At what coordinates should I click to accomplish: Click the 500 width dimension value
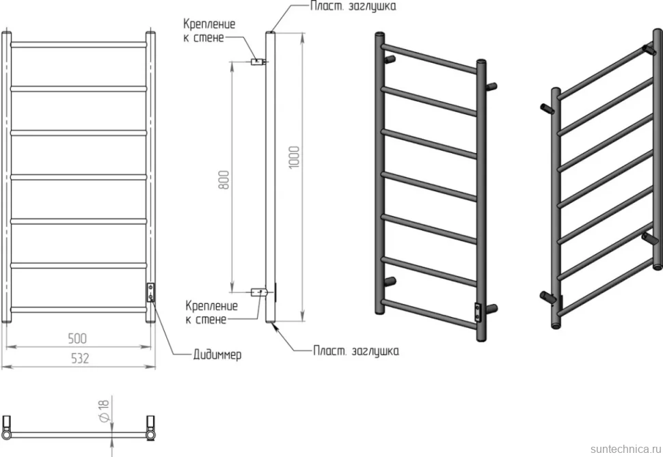77,338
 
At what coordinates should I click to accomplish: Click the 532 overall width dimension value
79,359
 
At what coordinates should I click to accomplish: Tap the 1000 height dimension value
294,157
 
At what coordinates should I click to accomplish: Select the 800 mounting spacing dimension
224,180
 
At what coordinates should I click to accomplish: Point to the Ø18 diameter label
105,409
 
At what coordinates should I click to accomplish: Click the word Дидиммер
217,355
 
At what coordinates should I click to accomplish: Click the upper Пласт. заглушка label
353,6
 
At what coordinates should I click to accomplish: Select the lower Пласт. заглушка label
356,351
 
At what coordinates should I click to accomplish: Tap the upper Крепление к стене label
209,31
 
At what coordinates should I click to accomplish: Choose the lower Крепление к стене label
211,312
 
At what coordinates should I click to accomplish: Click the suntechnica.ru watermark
625,449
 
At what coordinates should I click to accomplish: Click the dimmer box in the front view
150,292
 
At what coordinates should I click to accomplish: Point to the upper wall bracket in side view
258,61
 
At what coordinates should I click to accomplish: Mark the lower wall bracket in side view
258,292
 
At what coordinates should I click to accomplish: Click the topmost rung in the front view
79,44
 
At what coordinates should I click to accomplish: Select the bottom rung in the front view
79,309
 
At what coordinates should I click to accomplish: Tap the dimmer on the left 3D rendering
477,313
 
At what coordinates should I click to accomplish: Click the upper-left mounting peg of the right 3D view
547,109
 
